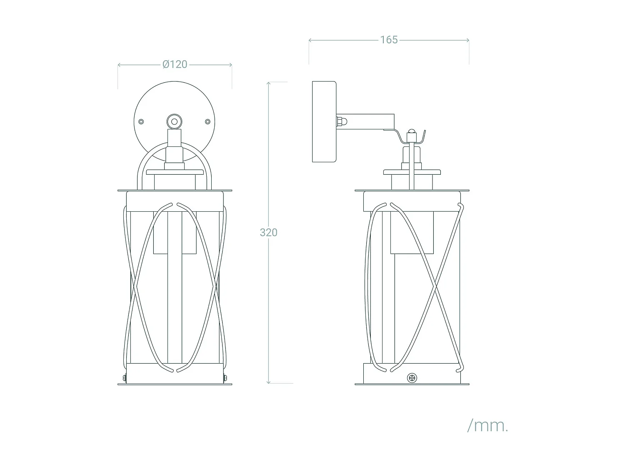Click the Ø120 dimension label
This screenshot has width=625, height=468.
[175, 64]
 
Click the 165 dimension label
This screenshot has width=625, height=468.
[389, 40]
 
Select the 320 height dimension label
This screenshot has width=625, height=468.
[268, 233]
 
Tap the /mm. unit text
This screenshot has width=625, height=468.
[487, 426]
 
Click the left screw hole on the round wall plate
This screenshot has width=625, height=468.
[141, 121]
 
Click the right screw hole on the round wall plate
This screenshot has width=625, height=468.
[207, 121]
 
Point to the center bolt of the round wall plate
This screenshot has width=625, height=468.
[174, 122]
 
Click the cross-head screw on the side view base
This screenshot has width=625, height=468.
[412, 378]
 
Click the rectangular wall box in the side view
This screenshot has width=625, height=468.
[324, 121]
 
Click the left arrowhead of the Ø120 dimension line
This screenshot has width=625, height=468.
[120, 65]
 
